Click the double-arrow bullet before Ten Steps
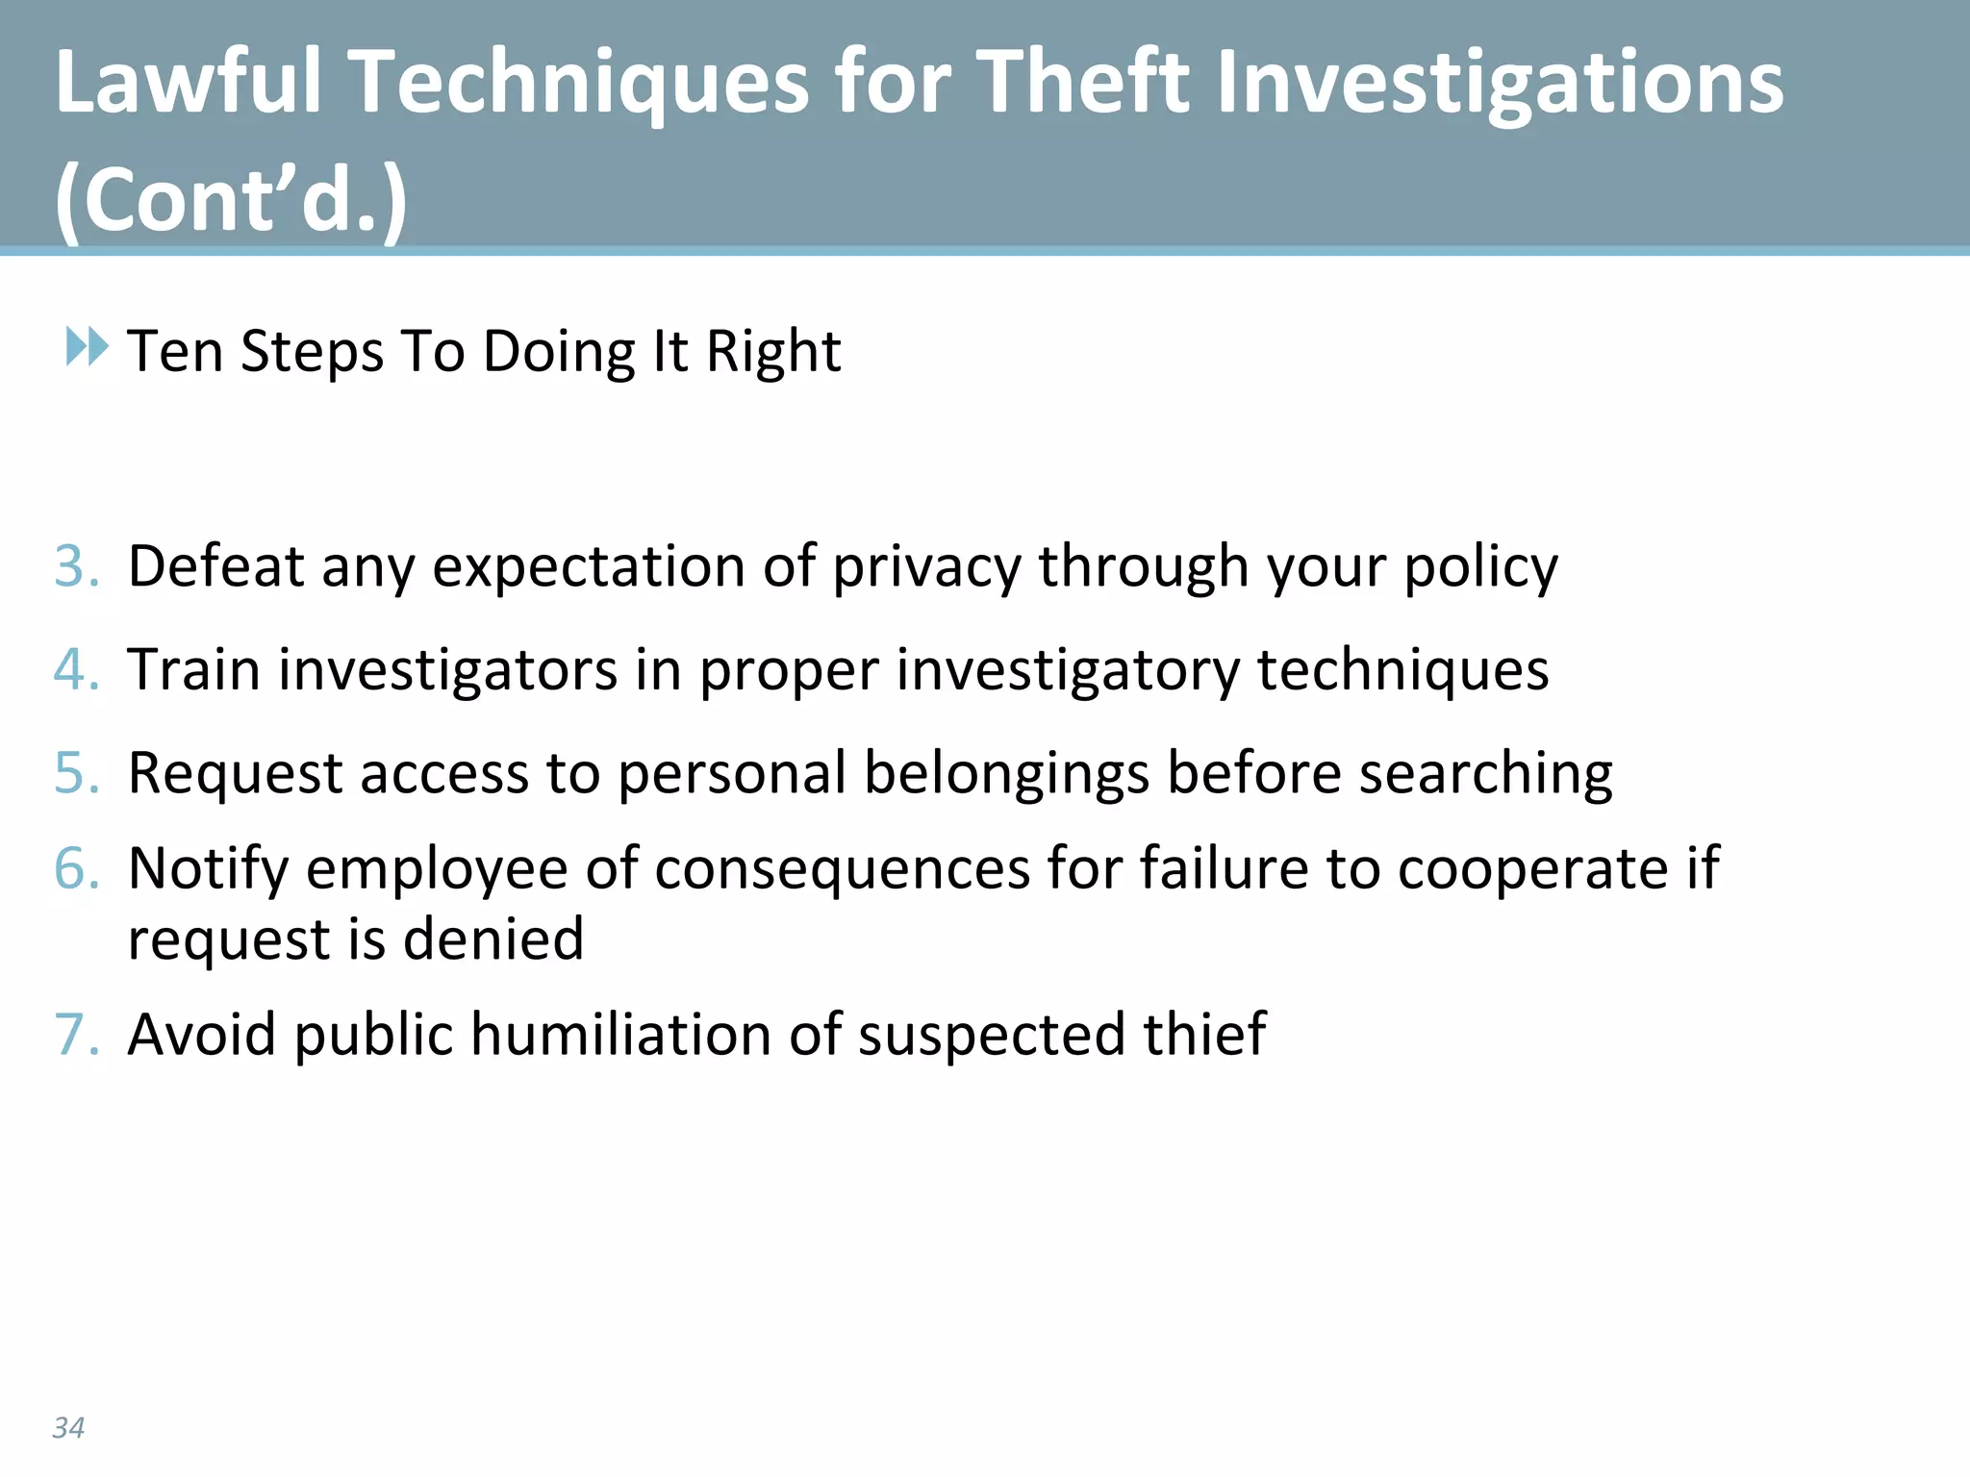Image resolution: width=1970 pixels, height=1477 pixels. click(87, 346)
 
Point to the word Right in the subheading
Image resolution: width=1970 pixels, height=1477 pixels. click(773, 351)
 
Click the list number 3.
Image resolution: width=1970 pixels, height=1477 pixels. click(75, 565)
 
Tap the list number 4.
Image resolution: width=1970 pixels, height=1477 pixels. click(75, 669)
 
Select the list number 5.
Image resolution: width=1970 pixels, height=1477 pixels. click(75, 772)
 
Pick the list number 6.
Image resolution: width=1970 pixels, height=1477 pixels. click(75, 868)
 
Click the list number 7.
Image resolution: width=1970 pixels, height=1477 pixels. click(75, 1035)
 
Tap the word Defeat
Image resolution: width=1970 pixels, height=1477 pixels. click(215, 565)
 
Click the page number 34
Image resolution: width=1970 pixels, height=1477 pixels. click(68, 1428)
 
